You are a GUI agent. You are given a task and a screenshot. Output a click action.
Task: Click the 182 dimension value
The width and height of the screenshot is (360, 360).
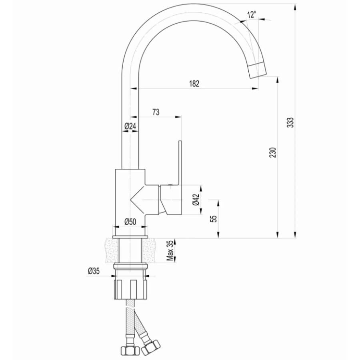[x=194, y=84]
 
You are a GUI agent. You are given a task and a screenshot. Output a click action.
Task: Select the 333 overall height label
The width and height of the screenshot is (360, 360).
[x=291, y=122]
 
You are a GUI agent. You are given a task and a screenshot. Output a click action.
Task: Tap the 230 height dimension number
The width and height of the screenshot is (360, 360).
[x=273, y=152]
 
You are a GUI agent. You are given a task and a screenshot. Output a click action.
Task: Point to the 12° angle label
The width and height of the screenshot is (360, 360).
[x=252, y=15]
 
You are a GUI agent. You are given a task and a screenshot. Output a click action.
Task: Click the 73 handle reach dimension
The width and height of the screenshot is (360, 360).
[x=156, y=112]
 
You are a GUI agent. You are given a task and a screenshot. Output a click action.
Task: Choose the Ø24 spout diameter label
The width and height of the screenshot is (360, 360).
[x=130, y=126]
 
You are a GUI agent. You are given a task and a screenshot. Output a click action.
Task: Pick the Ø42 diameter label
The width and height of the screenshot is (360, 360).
[x=196, y=200]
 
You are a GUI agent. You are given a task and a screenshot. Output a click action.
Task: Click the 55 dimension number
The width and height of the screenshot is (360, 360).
[x=214, y=218]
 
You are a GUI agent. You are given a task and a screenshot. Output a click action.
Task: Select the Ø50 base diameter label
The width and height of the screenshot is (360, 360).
[x=130, y=222]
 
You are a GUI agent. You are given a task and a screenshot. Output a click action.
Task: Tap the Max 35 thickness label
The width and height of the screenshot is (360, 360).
[x=170, y=250]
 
